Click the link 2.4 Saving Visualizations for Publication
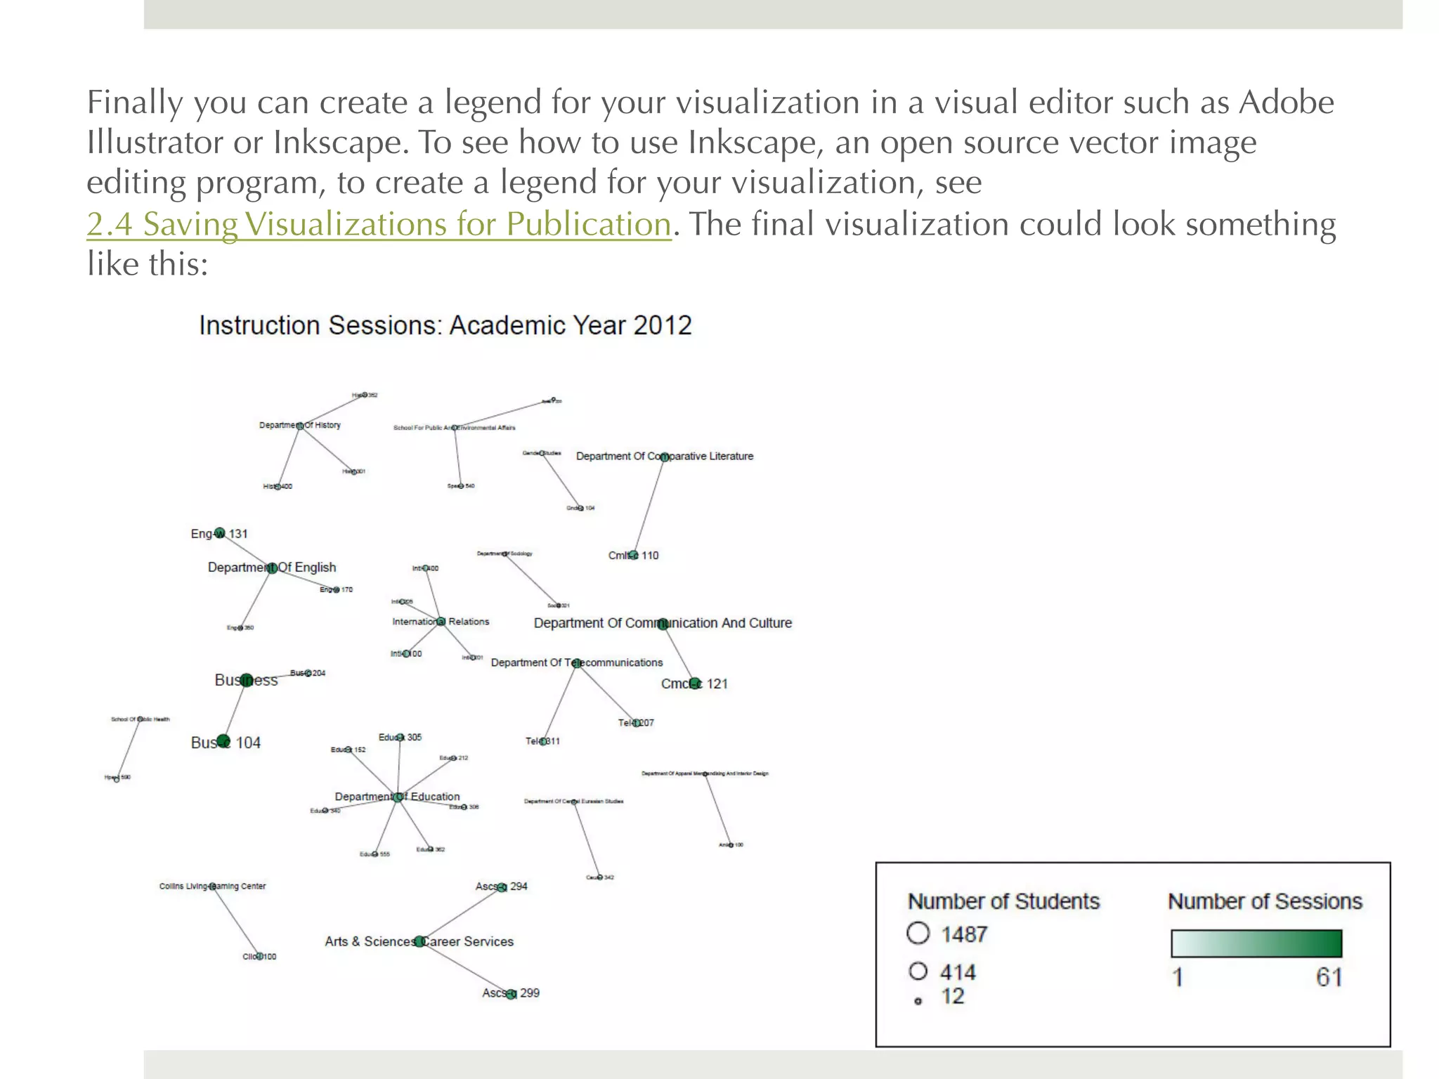379,225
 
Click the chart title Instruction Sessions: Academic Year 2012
445,326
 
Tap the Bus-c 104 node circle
223,740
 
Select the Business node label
246,680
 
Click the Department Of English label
272,568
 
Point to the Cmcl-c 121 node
694,684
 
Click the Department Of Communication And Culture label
662,623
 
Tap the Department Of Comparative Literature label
664,457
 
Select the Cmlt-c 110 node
633,555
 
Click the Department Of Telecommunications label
576,662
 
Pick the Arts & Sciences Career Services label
419,941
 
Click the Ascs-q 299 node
512,993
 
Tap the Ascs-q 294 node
502,887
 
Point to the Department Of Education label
397,797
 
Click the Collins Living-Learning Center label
212,887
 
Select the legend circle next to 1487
918,934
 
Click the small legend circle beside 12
918,1001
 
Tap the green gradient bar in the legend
1256,943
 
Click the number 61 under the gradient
1329,977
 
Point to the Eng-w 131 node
220,533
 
